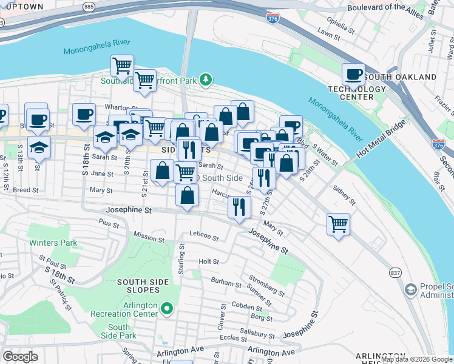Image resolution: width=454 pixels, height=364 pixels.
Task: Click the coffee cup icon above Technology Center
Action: (353, 75)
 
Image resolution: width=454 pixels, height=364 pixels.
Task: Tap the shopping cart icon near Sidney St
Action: (338, 223)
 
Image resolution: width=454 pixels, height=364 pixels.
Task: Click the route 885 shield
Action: (89, 7)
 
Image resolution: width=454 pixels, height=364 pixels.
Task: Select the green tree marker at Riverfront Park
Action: (206, 79)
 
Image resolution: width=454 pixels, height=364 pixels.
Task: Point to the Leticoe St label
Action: (203, 233)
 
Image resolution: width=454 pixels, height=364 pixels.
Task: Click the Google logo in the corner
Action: (21, 357)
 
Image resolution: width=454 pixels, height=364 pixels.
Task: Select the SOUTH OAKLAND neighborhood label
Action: (409, 78)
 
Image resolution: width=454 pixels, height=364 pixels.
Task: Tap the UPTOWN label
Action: (23, 7)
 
